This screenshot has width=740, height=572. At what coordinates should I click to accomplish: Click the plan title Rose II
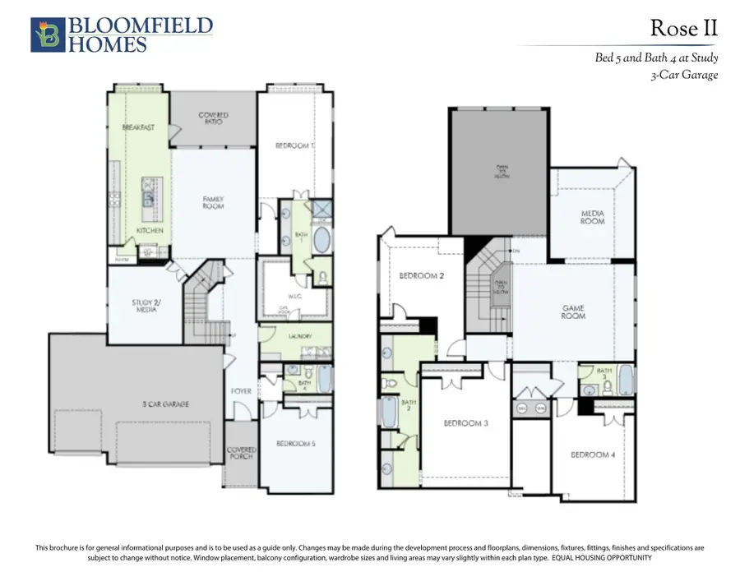point(683,29)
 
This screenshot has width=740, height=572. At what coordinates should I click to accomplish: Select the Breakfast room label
point(139,127)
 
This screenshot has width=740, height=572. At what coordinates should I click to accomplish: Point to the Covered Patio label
point(213,118)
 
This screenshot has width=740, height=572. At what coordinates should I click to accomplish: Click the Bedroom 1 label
point(294,145)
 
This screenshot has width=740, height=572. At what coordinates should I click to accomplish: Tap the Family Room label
point(214,202)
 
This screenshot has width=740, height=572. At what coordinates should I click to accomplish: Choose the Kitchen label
point(150,231)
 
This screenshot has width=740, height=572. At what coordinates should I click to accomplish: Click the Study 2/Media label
point(146,307)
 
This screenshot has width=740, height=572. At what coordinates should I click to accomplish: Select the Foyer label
point(241,391)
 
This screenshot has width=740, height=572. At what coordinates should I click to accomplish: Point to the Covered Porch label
point(241,453)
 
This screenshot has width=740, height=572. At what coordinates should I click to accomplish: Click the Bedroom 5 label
point(296,444)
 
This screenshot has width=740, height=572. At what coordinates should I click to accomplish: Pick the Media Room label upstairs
point(592,218)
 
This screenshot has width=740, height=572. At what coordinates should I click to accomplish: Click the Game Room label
point(573,312)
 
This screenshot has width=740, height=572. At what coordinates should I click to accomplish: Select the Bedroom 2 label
point(422,276)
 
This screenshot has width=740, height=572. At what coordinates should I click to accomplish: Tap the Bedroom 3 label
point(466,423)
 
